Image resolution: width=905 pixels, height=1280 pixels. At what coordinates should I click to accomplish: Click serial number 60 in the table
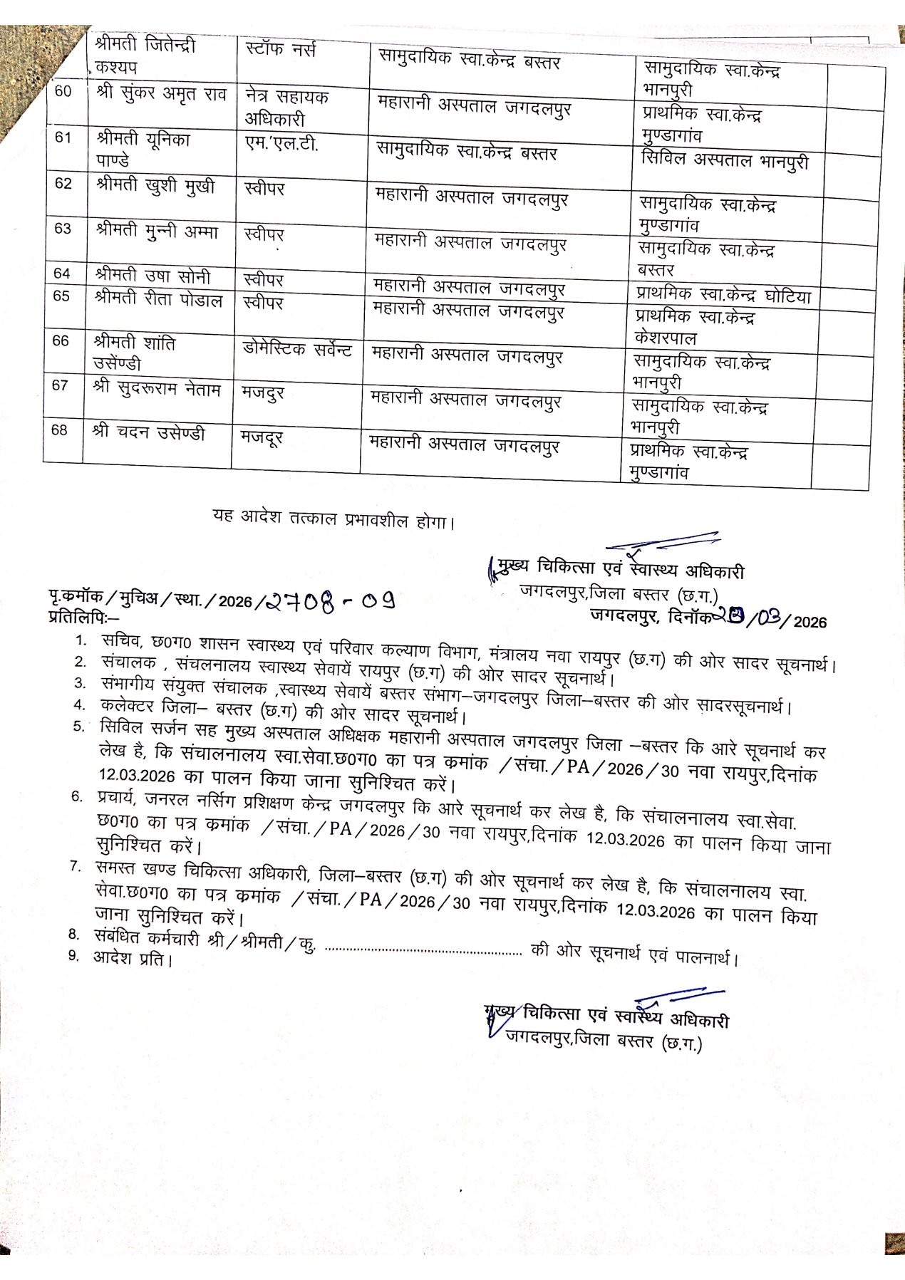coord(63,92)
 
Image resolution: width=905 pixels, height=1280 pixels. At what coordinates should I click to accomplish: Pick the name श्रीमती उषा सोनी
coord(152,276)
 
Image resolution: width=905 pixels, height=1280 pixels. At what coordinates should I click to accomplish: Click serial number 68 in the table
coord(60,430)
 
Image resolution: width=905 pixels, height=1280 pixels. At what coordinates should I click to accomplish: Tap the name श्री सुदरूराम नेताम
coord(157,390)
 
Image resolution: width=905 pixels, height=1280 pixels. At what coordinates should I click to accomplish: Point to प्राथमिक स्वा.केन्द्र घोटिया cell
coord(723,296)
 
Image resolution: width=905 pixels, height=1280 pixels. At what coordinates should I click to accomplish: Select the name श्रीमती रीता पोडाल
coord(158,299)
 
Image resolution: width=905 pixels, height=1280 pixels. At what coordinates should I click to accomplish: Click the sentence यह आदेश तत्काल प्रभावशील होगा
coord(333,519)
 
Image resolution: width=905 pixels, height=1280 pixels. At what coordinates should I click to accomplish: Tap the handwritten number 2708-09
coord(330,603)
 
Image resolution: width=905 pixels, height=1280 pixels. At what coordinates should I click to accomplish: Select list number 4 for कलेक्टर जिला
coord(81,705)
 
